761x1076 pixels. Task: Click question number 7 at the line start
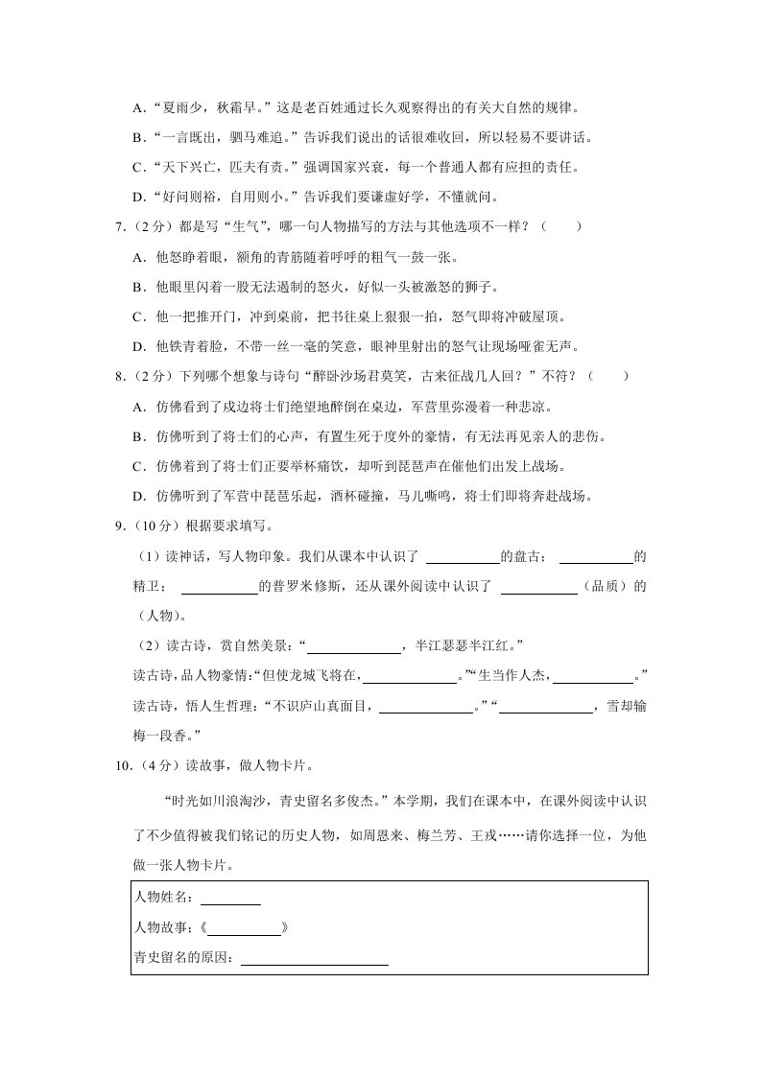tap(118, 227)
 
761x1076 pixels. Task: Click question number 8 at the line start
tap(118, 377)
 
